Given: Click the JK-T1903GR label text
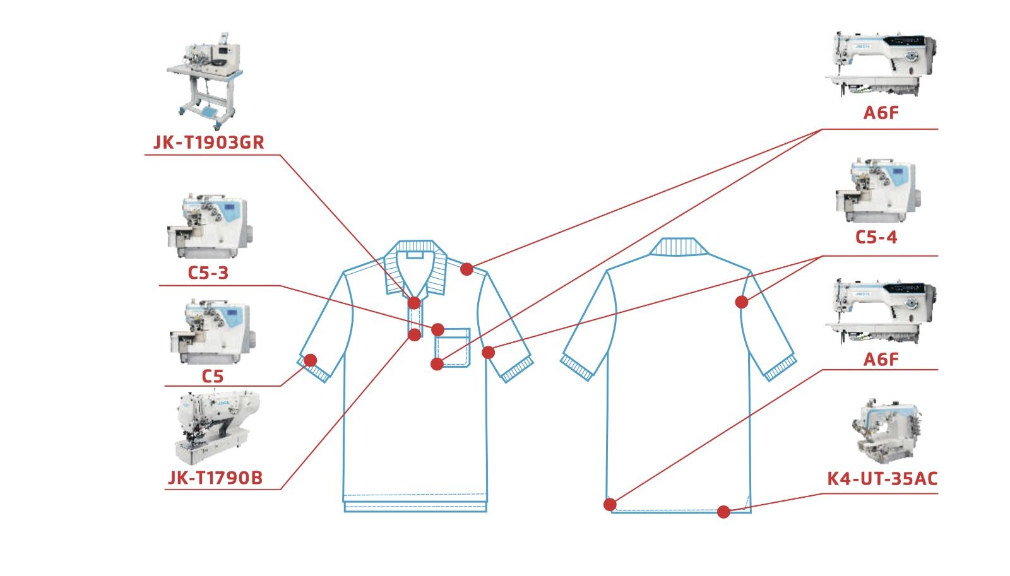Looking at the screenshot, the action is (x=209, y=143).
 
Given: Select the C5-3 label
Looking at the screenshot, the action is (x=208, y=273).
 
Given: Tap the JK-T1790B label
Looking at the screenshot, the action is (x=215, y=478).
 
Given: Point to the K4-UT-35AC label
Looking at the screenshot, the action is (x=882, y=479).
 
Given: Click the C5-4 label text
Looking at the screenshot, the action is (x=876, y=237).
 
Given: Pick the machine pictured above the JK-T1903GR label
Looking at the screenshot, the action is (x=205, y=80).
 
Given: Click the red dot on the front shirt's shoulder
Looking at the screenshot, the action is (x=466, y=269).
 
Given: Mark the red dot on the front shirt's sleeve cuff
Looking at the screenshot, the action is (x=310, y=360).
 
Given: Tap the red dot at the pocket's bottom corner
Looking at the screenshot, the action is (x=437, y=364).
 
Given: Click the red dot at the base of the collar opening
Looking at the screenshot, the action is (x=414, y=303).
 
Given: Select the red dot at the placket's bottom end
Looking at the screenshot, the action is (x=414, y=335).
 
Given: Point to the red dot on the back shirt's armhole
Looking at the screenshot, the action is (x=742, y=302).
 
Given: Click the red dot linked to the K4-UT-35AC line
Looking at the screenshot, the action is (x=723, y=512).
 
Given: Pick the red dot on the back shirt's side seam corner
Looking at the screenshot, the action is (x=610, y=505).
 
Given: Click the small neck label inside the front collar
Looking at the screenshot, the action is (x=415, y=255).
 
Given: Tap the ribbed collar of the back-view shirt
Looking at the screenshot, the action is (x=678, y=247).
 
